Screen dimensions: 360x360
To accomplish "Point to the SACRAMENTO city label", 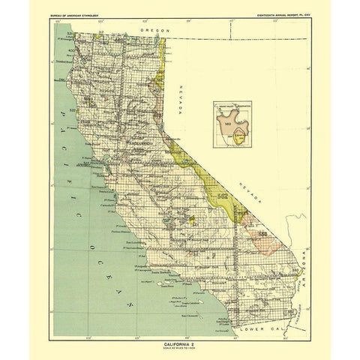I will point(139,140).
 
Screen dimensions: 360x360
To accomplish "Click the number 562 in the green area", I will point(222,196).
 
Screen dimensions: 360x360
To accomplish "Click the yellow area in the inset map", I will point(238,136).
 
